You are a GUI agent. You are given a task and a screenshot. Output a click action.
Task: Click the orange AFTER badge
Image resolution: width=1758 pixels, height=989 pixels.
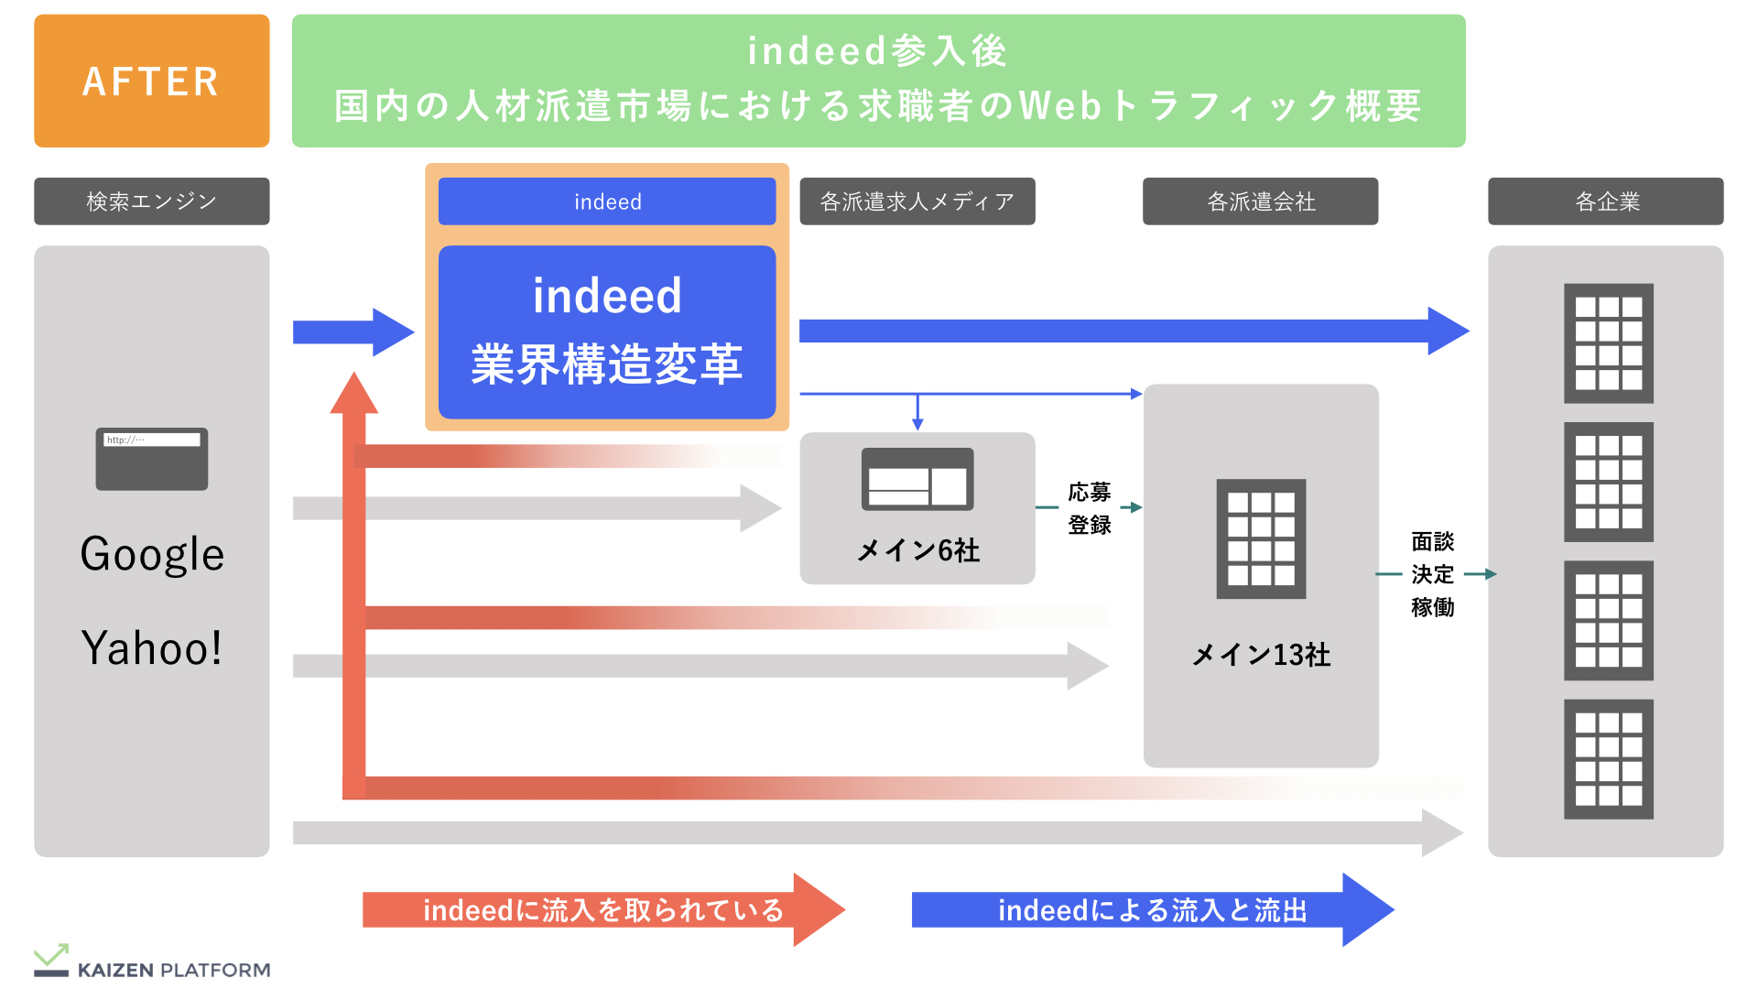151,81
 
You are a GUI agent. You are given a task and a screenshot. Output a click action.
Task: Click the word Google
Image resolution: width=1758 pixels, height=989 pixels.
152,554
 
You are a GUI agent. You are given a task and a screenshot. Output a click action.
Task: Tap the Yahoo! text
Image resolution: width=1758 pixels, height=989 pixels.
152,648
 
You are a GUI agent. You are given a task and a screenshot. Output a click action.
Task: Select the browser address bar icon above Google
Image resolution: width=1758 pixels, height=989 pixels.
152,459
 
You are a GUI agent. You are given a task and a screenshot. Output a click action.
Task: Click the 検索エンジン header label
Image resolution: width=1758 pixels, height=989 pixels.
152,201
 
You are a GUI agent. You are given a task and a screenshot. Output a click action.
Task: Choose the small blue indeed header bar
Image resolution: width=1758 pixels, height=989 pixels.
607,201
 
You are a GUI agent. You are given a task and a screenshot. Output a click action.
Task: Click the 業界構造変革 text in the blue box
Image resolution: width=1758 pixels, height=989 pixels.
607,364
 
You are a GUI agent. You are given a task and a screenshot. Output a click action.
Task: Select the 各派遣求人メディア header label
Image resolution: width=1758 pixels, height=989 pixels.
917,201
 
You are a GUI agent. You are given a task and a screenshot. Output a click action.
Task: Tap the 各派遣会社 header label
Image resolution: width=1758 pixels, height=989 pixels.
1260,201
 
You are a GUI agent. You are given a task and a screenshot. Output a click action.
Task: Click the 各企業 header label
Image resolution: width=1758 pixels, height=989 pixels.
1605,201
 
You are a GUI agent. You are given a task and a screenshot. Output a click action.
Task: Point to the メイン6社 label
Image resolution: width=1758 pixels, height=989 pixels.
917,550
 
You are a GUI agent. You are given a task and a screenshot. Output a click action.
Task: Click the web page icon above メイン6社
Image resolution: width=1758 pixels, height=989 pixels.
917,479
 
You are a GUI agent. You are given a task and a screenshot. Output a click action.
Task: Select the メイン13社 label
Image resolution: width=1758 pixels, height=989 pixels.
1261,655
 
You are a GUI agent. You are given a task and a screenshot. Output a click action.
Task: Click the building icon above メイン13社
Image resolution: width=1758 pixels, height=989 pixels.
1261,538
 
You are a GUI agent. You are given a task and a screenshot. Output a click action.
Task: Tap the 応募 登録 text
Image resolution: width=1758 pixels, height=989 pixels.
1089,508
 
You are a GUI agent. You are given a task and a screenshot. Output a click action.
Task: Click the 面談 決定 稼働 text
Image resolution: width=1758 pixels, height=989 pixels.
1432,574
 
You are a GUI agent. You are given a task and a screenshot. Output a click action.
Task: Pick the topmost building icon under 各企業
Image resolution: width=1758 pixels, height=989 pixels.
1608,343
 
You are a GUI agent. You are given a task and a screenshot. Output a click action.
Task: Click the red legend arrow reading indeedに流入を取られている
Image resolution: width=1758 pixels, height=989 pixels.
602,909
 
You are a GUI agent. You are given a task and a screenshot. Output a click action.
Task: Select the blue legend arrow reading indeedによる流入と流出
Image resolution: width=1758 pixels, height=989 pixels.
1152,909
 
